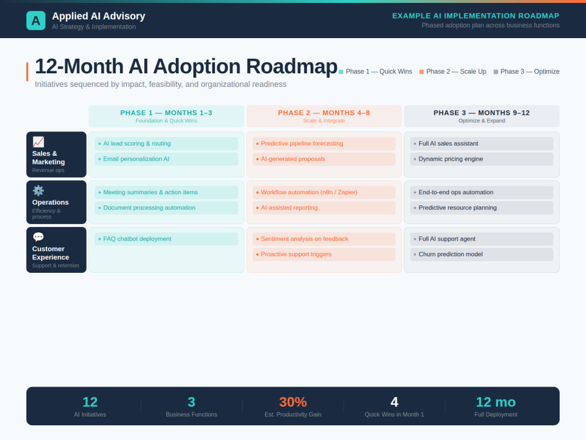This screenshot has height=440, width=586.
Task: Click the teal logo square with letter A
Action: click(36, 20)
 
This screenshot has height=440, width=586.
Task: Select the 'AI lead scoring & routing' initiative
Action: click(166, 144)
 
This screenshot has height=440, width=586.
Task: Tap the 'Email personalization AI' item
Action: click(166, 159)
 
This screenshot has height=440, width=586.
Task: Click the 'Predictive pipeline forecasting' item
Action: click(324, 144)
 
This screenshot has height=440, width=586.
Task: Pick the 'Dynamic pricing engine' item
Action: click(482, 159)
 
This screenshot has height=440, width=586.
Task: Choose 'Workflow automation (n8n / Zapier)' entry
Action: click(324, 192)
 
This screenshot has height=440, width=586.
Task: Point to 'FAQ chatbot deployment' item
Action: click(166, 239)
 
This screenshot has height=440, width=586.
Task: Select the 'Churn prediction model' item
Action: click(482, 255)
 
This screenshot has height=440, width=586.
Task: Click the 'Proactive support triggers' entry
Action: click(324, 255)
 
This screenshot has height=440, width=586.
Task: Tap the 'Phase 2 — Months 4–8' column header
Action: click(324, 116)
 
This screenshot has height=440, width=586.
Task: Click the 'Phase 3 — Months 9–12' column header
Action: click(482, 116)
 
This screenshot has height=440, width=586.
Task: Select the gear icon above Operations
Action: click(38, 191)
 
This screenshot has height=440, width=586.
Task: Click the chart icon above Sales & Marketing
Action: click(38, 142)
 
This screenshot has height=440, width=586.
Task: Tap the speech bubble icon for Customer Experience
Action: click(38, 237)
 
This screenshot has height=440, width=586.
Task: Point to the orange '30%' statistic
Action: click(293, 402)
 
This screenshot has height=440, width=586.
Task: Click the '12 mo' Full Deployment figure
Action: click(496, 402)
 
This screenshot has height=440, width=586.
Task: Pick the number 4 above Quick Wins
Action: click(394, 402)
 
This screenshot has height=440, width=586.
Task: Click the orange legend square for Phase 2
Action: click(421, 72)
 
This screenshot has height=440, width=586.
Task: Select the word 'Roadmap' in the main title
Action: click(291, 67)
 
